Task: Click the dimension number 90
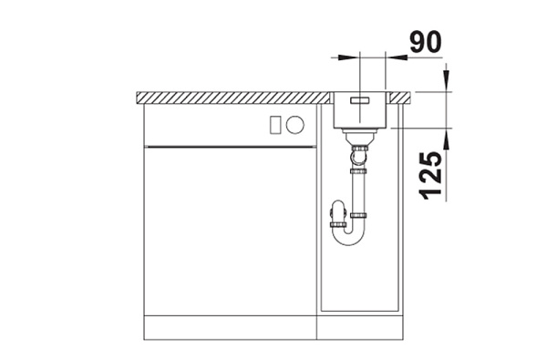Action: pos(425,42)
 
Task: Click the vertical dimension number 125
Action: pos(431,176)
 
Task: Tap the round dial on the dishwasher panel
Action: pos(295,125)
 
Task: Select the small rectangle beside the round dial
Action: pos(275,125)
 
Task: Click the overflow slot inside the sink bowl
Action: pos(359,100)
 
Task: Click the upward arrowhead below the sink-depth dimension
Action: pos(447,139)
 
